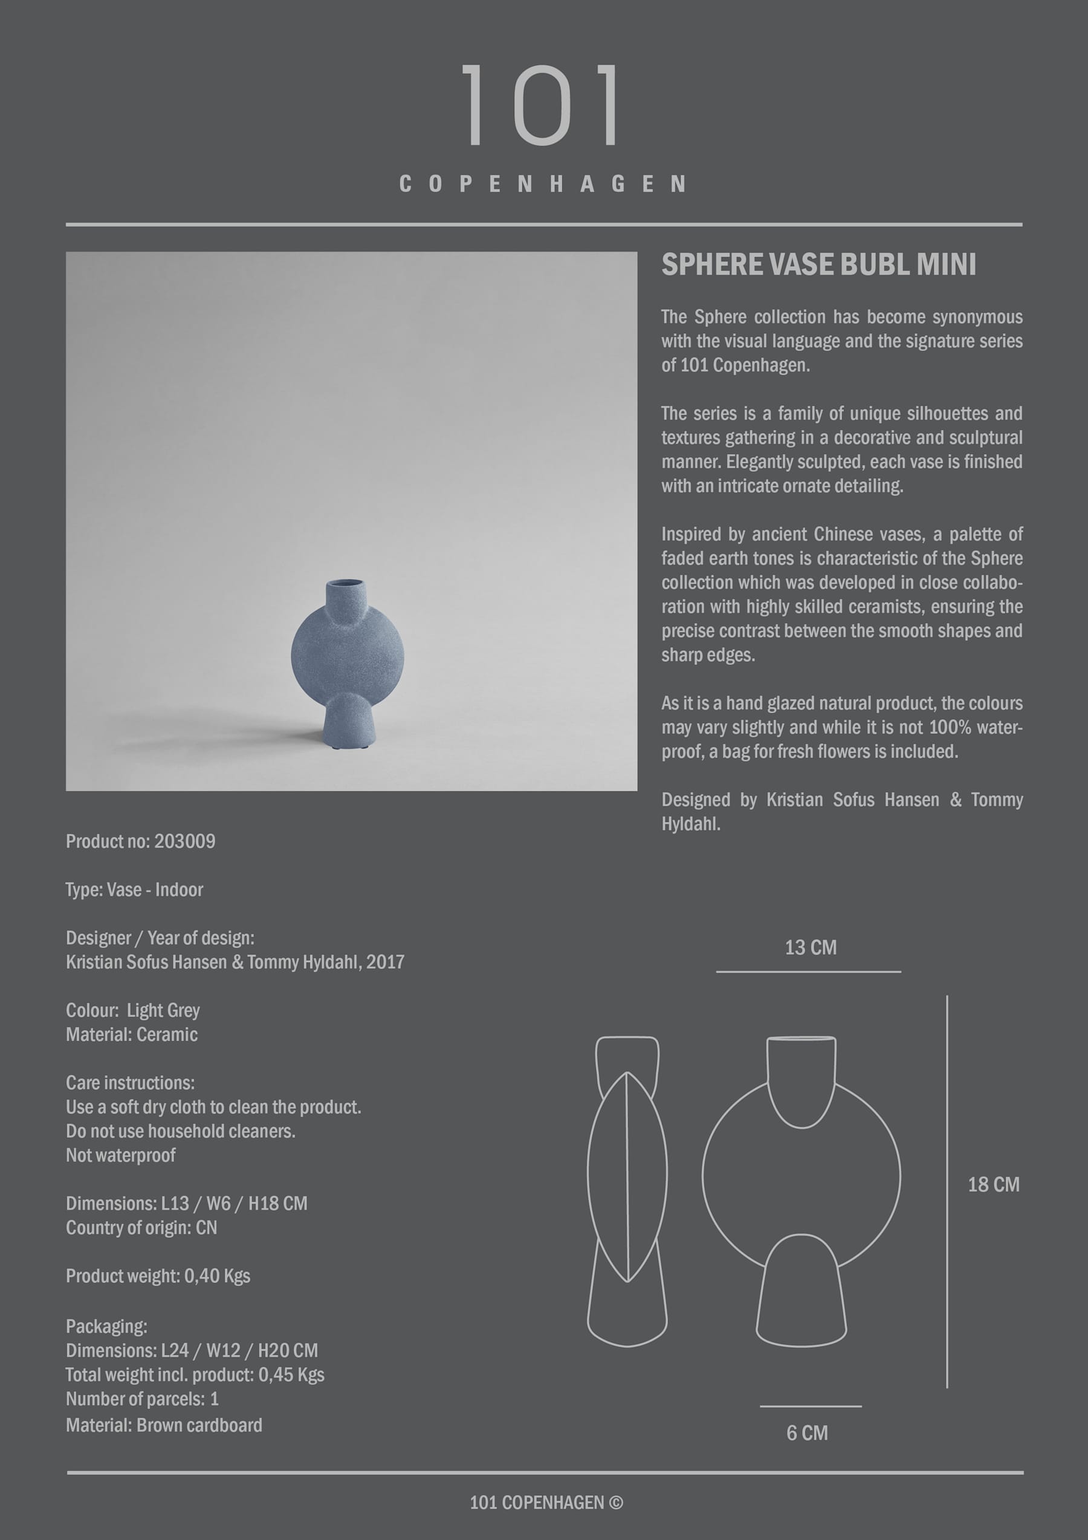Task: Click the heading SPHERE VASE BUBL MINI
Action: coord(818,264)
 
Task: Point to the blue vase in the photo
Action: coord(347,661)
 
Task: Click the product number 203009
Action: coord(185,841)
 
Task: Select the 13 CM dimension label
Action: coord(811,948)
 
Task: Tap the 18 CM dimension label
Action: coord(993,1184)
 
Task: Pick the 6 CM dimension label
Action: coord(806,1433)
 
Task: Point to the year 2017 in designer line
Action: coord(385,962)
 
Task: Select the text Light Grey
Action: coord(163,1010)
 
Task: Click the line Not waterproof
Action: coord(121,1155)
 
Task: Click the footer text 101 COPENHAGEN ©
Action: coord(546,1502)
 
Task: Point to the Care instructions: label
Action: coord(130,1083)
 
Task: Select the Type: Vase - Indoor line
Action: coord(134,889)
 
